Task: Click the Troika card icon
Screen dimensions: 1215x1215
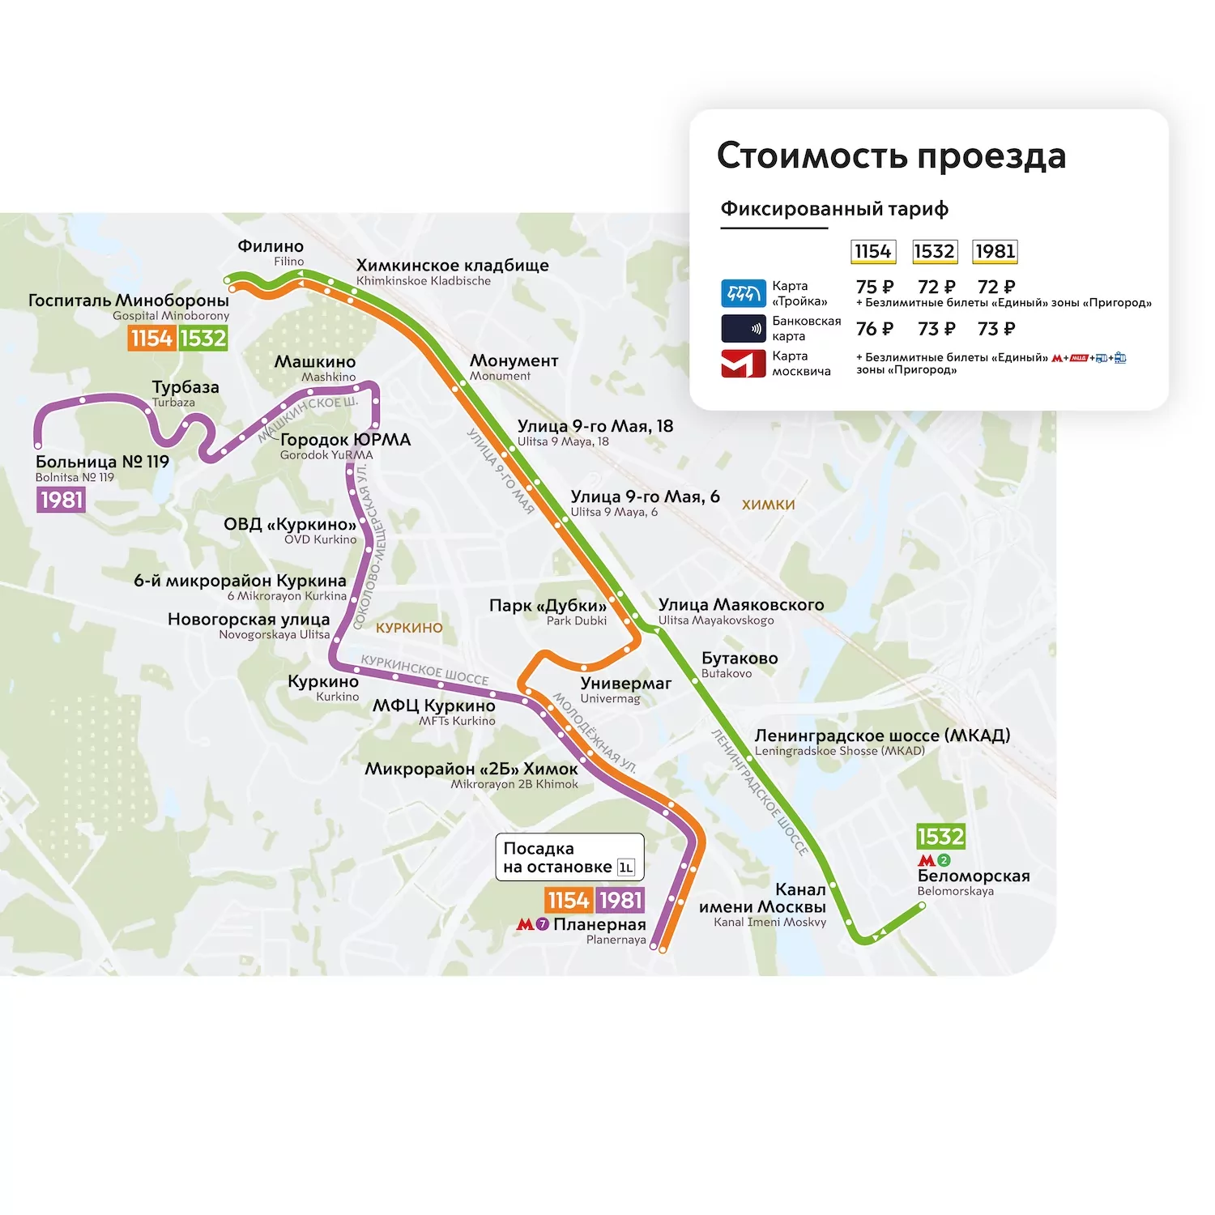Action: (x=743, y=293)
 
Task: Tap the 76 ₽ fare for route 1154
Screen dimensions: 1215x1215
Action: (x=874, y=329)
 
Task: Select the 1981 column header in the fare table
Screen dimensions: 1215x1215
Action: (x=995, y=252)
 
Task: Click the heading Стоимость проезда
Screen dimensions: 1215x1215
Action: (x=891, y=156)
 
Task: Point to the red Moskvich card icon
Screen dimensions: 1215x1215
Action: (x=743, y=364)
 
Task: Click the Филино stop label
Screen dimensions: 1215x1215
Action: (x=271, y=246)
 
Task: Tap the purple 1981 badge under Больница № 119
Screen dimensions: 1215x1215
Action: (x=62, y=500)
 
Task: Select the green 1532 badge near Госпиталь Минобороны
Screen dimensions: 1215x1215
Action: (x=202, y=338)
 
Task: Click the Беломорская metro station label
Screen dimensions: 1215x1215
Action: (x=973, y=876)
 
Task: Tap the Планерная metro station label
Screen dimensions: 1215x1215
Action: (x=599, y=924)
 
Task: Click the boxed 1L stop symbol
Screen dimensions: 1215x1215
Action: (x=626, y=868)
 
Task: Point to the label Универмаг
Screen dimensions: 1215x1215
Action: (x=625, y=684)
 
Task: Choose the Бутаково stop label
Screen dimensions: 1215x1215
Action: (x=739, y=659)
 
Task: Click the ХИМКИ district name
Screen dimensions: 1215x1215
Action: (x=768, y=505)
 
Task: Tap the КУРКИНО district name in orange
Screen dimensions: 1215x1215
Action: (x=409, y=628)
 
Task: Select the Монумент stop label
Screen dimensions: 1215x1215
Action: (x=514, y=360)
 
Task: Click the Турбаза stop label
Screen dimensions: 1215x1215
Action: (x=185, y=387)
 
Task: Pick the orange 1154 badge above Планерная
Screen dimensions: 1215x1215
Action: (x=569, y=900)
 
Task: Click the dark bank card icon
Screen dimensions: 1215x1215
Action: (x=743, y=329)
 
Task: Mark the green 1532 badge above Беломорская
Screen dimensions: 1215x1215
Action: (x=940, y=836)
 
